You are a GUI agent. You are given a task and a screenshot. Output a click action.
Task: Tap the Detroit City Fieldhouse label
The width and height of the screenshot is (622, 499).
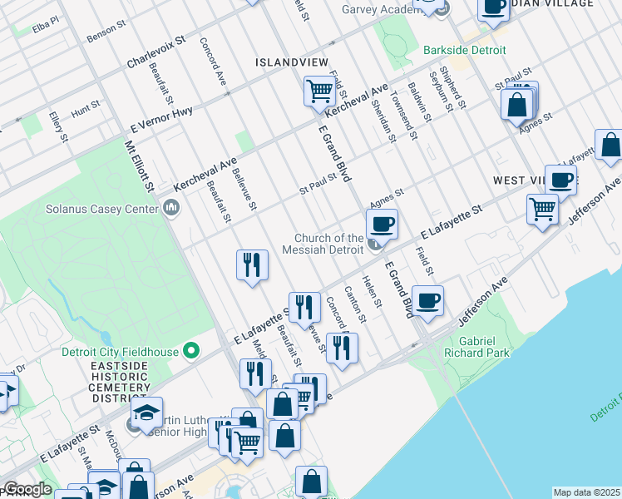120,352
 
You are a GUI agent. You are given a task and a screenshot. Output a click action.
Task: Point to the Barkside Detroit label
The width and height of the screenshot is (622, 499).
464,51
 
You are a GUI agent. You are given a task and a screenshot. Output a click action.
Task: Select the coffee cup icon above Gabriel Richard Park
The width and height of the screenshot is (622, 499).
428,300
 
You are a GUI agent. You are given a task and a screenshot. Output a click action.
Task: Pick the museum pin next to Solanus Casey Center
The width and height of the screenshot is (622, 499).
171,207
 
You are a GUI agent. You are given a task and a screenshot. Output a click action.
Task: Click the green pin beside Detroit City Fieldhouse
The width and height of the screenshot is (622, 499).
191,352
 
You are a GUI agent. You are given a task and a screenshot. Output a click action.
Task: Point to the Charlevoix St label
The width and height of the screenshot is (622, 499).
160,51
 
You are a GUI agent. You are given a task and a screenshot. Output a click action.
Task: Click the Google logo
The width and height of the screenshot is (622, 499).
27,490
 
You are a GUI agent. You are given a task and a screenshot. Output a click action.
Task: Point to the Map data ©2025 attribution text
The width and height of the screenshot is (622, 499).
586,492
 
